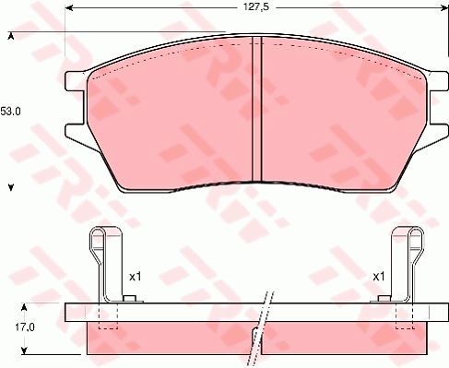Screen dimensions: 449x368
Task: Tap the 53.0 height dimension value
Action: pyautogui.click(x=10, y=112)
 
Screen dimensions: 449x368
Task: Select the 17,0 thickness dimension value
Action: pyautogui.click(x=25, y=327)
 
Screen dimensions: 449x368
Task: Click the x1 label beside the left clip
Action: pyautogui.click(x=136, y=277)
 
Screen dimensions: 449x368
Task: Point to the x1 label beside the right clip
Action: pyautogui.click(x=379, y=277)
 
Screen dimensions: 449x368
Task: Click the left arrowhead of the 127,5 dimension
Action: pyautogui.click(x=69, y=8)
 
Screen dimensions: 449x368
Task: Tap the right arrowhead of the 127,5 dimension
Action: pyautogui.click(x=445, y=8)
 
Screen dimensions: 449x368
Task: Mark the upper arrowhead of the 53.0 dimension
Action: pyautogui.click(x=11, y=37)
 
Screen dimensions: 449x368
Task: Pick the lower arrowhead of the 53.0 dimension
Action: pyautogui.click(x=11, y=187)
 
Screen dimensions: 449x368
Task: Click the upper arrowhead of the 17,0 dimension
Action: pyautogui.click(x=25, y=307)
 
